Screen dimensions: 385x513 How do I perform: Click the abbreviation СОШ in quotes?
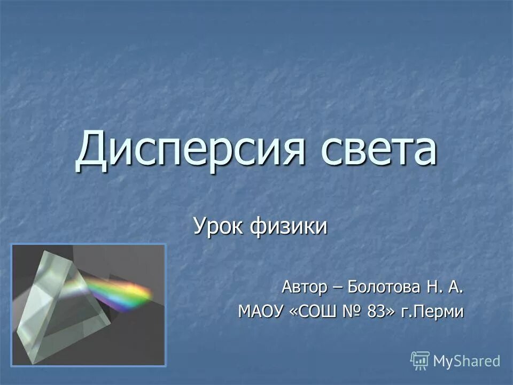[x=319, y=311]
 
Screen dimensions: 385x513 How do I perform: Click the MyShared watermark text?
[x=467, y=361]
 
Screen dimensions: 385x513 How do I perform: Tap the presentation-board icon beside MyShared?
[x=420, y=360]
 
